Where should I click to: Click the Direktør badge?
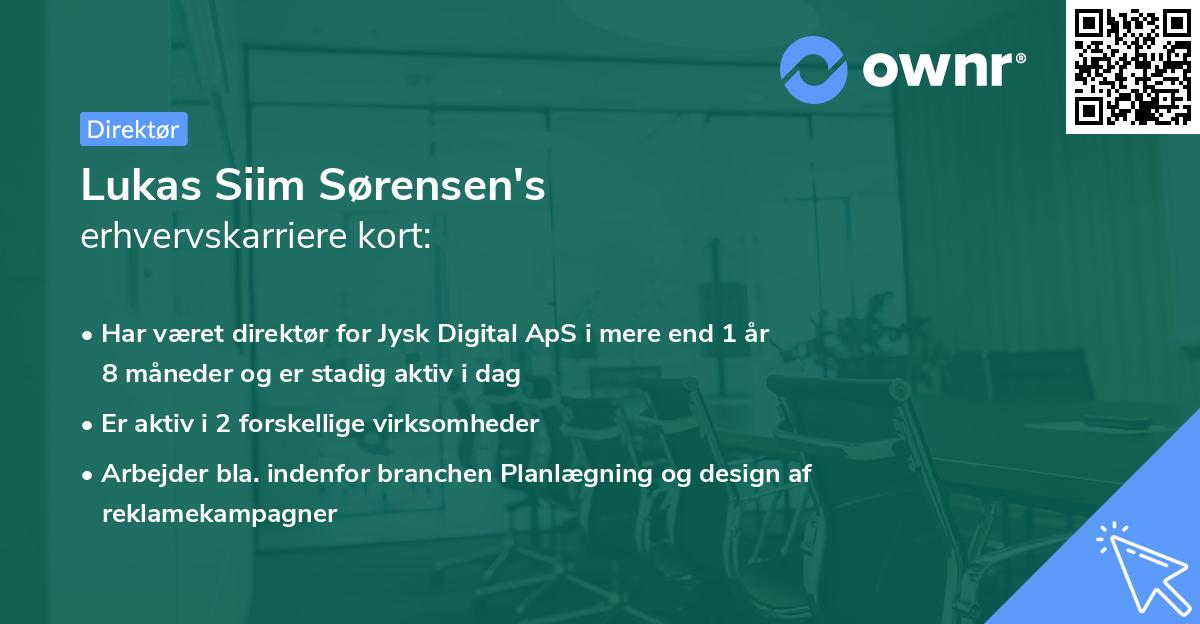(133, 129)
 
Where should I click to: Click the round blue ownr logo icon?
(814, 69)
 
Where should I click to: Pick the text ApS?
(552, 334)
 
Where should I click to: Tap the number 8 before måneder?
(108, 373)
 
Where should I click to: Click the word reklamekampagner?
(219, 513)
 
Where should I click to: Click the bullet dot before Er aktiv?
(89, 425)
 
